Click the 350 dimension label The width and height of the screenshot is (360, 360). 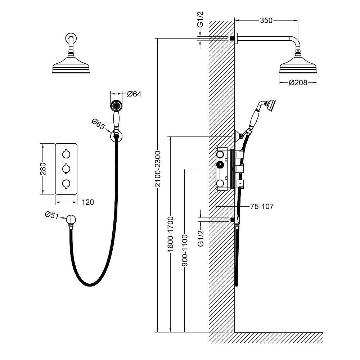(266, 21)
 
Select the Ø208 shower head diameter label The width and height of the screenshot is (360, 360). (298, 83)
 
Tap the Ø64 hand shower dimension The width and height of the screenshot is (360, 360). (134, 94)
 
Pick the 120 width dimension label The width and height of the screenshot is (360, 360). (87, 202)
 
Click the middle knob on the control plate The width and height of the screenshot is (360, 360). (66, 168)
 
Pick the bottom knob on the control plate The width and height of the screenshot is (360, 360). (66, 184)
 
